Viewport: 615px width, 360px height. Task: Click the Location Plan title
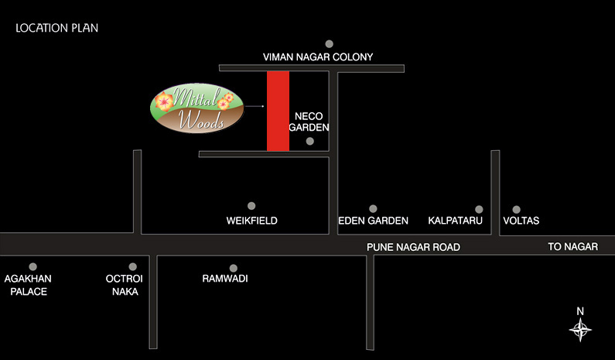(x=57, y=28)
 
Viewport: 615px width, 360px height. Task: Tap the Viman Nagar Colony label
(x=318, y=57)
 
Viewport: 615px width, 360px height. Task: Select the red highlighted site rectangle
(x=278, y=111)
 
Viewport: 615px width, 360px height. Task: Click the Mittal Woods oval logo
(x=197, y=108)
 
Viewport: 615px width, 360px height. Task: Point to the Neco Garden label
(x=309, y=122)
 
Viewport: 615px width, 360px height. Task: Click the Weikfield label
(x=252, y=221)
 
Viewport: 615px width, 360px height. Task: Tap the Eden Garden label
(x=373, y=221)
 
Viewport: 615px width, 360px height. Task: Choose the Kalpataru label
(x=455, y=221)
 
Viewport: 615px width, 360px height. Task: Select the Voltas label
(x=521, y=221)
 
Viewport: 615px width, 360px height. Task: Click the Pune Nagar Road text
(x=413, y=247)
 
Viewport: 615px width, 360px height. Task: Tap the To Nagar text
(x=573, y=246)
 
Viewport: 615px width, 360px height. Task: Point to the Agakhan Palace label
(x=28, y=285)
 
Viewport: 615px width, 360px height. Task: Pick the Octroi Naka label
(x=125, y=285)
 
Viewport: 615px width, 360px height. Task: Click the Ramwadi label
(x=225, y=279)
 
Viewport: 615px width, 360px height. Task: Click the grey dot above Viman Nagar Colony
(x=329, y=43)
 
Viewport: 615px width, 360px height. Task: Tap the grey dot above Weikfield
(x=251, y=206)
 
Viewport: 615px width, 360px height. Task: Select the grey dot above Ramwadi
(x=234, y=268)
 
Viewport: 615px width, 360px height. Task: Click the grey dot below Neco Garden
(x=310, y=141)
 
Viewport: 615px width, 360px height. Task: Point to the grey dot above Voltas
(x=517, y=210)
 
